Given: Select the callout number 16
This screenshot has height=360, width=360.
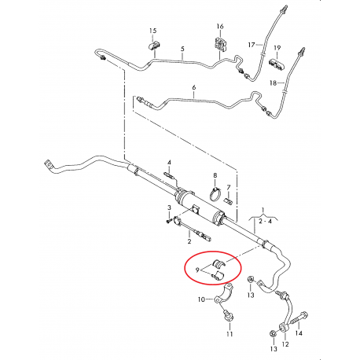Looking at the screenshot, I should (x=219, y=27).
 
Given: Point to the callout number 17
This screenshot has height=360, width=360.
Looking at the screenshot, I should (x=252, y=45).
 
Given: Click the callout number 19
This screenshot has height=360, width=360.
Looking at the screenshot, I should (x=277, y=46).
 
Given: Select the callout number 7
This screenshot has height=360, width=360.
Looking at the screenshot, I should (x=229, y=187).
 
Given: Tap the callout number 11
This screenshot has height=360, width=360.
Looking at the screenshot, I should (x=230, y=334).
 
